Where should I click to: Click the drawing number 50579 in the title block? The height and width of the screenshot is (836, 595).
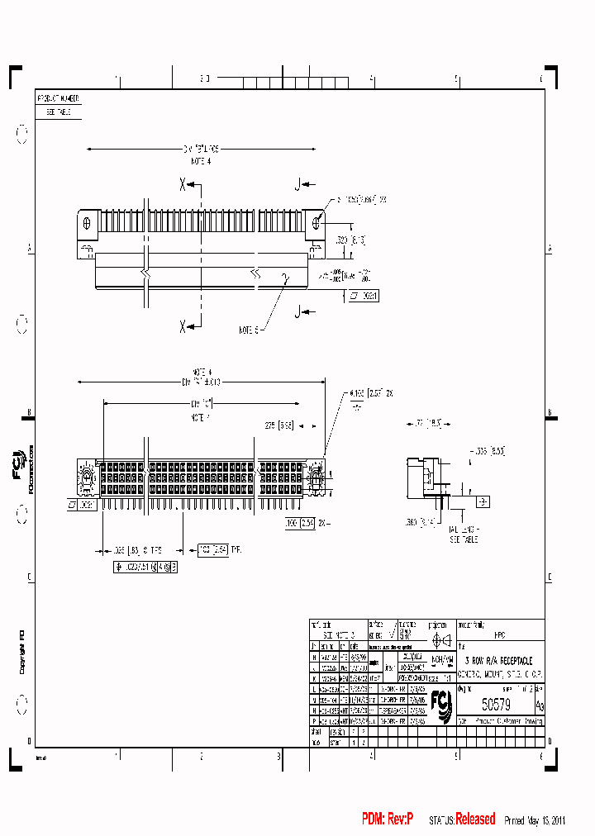pos(496,704)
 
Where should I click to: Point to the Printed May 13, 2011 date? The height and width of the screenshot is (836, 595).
pos(535,820)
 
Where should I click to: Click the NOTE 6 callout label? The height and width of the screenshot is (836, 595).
pos(250,330)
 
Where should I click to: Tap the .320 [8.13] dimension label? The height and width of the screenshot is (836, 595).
pos(351,240)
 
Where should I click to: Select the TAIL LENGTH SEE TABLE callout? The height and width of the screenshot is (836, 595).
pos(463,535)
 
